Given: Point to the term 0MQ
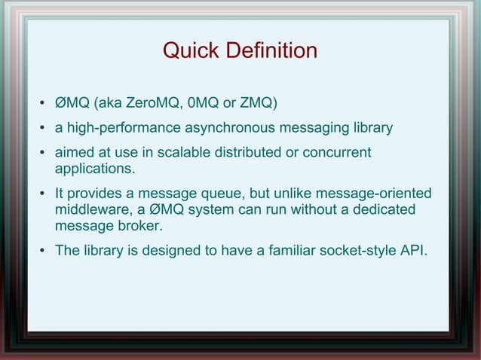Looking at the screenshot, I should (x=207, y=102).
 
